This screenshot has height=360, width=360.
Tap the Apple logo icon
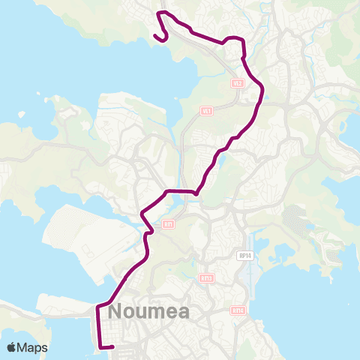[x=12, y=347]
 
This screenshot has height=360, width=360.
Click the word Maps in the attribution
[x=33, y=347]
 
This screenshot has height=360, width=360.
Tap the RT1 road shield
[x=169, y=223]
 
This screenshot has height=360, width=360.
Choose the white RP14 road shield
[x=244, y=255]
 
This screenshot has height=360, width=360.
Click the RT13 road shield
[x=207, y=278]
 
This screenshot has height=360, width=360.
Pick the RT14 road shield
[x=238, y=309]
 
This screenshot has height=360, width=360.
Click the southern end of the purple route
[x=112, y=346]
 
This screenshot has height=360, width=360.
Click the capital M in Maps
[x=25, y=347]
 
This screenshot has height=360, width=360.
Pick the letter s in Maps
[x=44, y=348]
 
